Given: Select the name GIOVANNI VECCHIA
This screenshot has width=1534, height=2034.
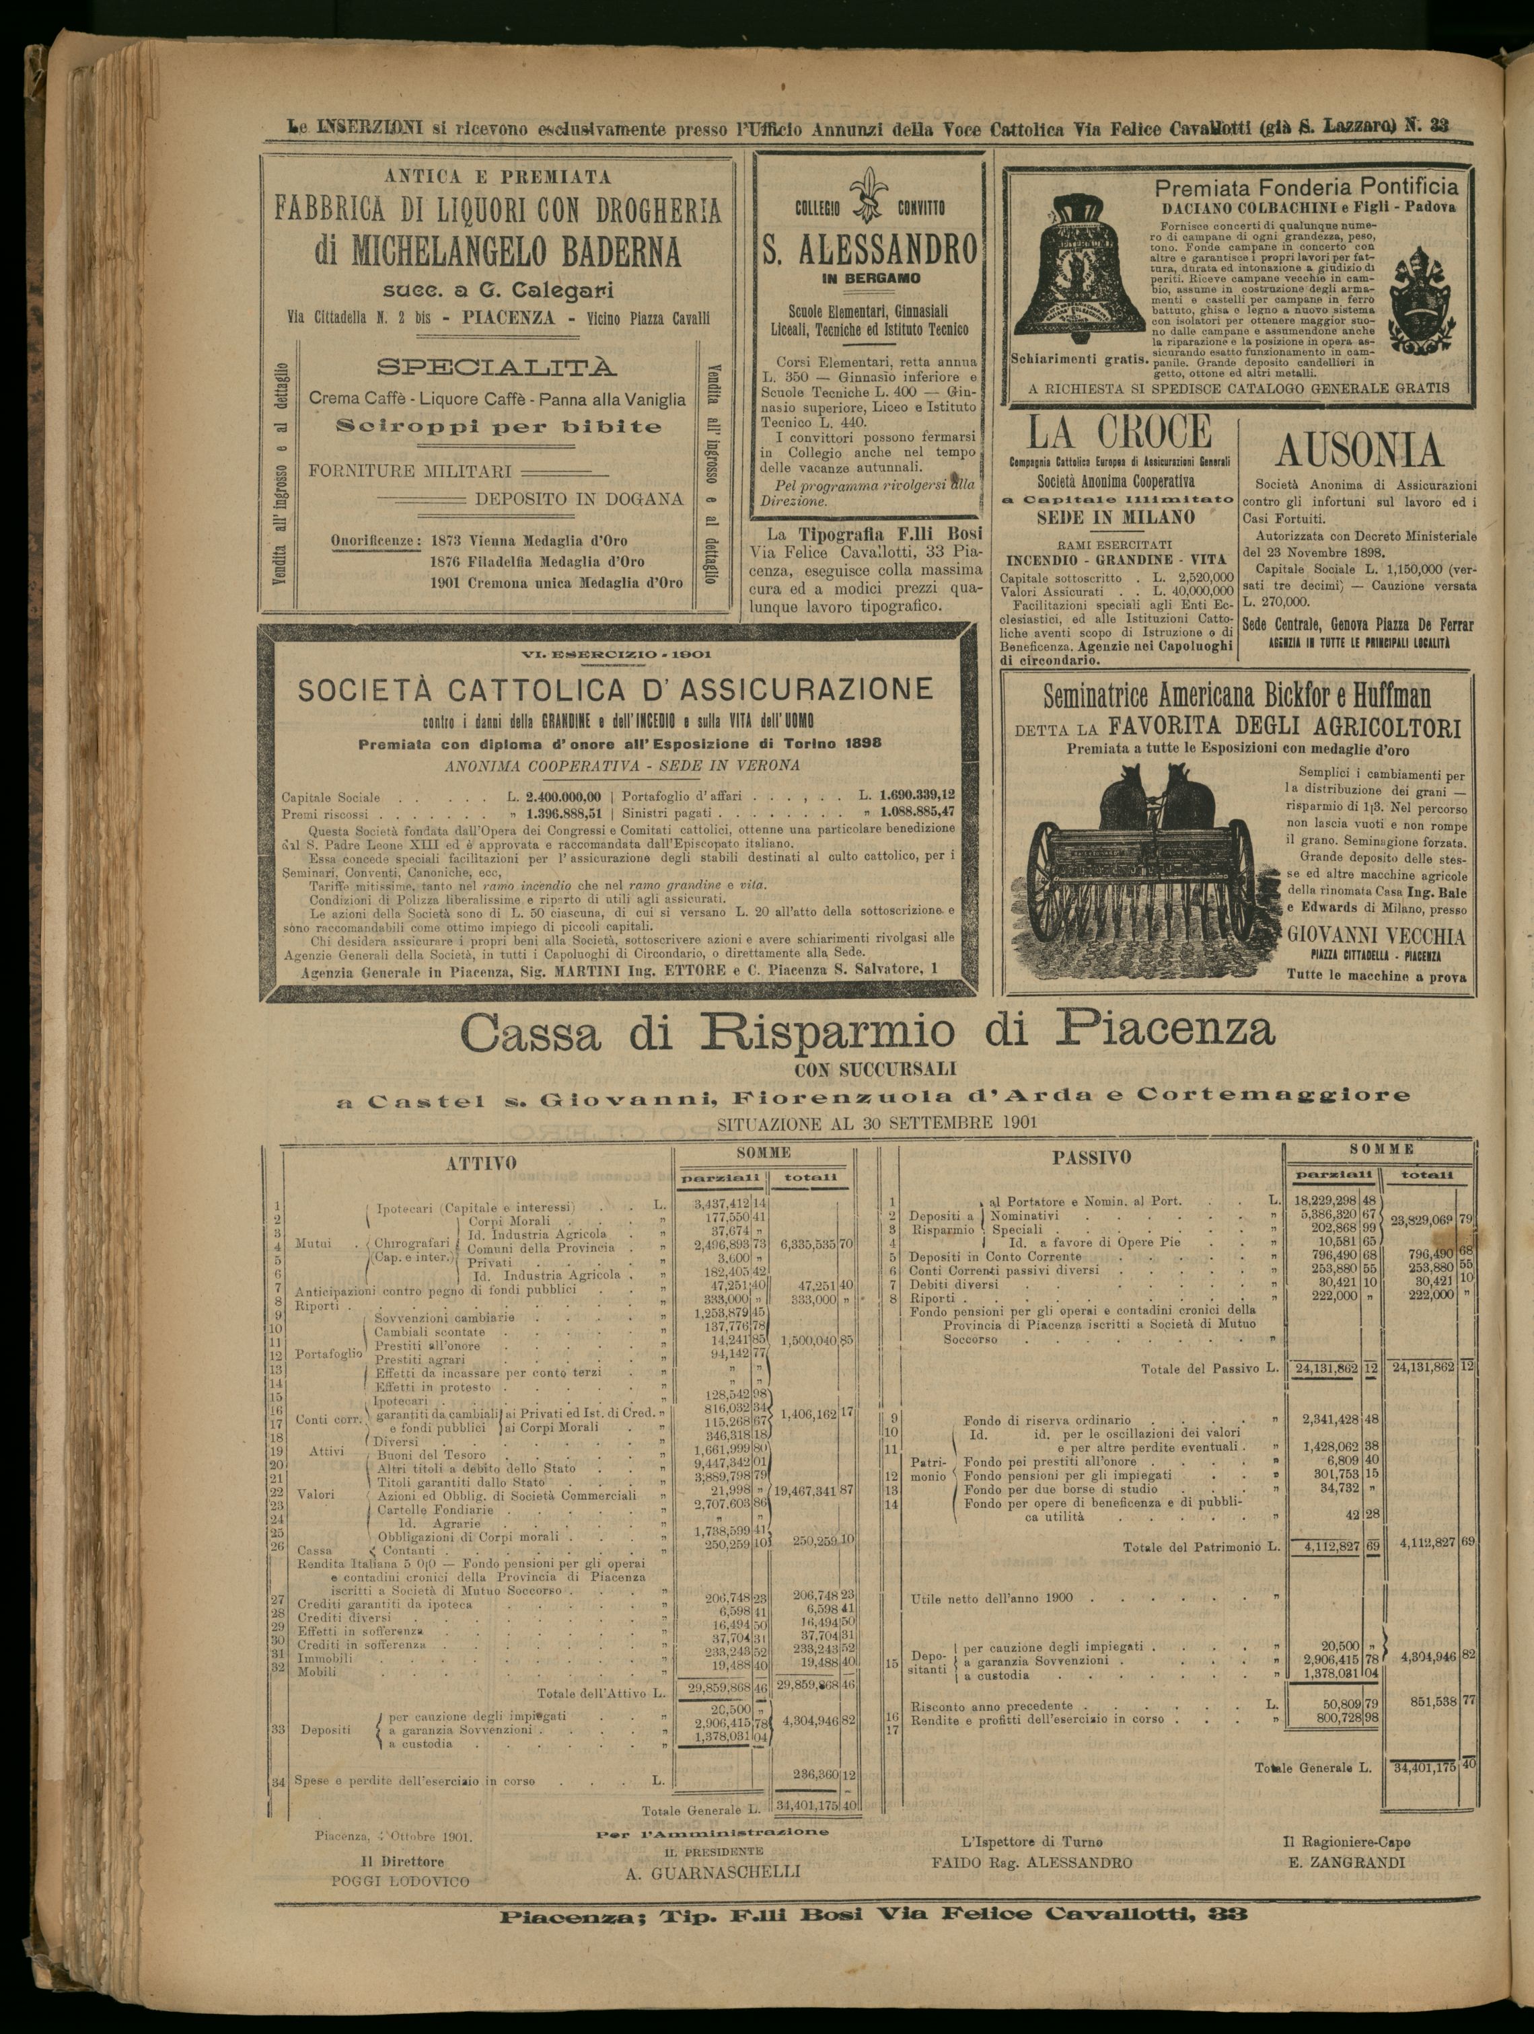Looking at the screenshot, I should pyautogui.click(x=1376, y=938).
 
